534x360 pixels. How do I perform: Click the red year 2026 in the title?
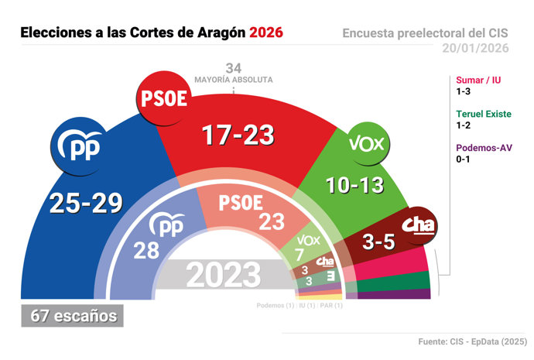[x=265, y=33]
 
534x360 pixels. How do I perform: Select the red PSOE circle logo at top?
[x=163, y=98]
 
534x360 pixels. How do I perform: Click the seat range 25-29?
[x=86, y=203]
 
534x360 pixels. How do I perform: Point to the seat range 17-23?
[x=238, y=135]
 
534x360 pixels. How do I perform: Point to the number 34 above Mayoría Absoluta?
[x=233, y=67]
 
